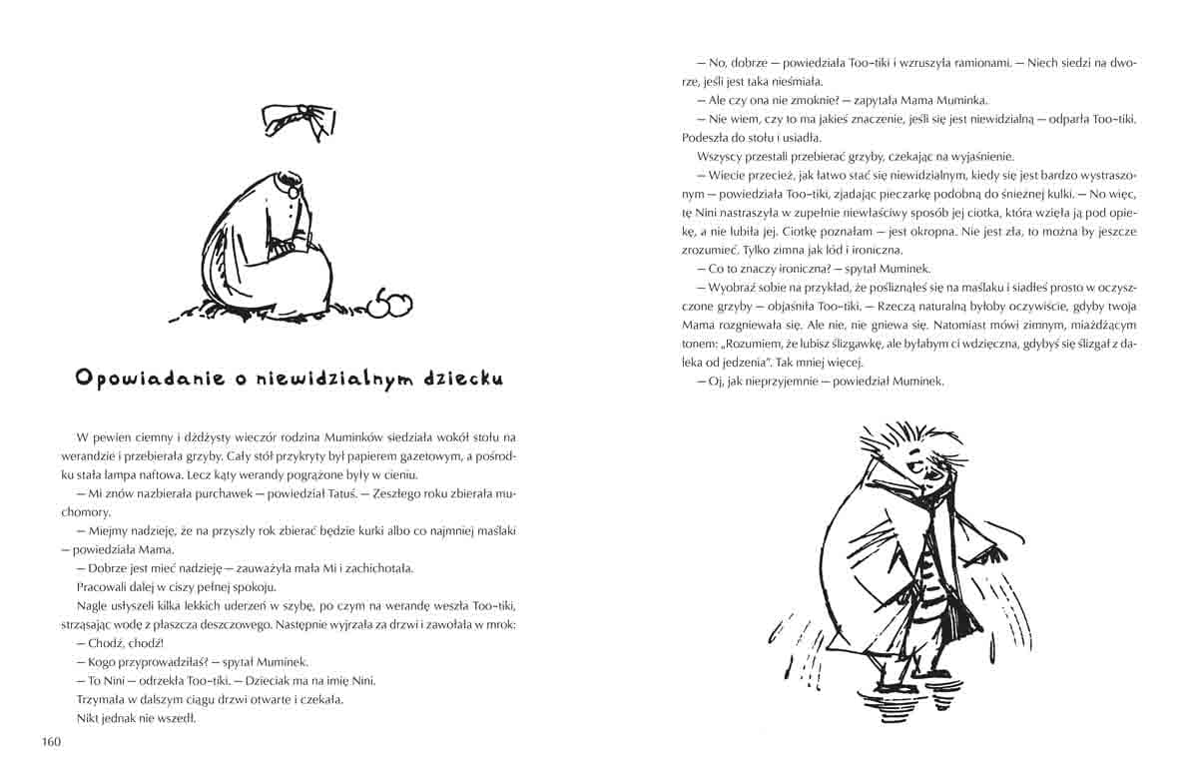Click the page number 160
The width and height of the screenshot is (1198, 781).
click(x=52, y=741)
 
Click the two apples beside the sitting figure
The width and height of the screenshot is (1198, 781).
click(x=390, y=303)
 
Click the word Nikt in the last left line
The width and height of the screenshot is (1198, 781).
click(x=88, y=717)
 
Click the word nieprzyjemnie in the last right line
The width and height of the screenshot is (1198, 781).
click(x=770, y=381)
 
